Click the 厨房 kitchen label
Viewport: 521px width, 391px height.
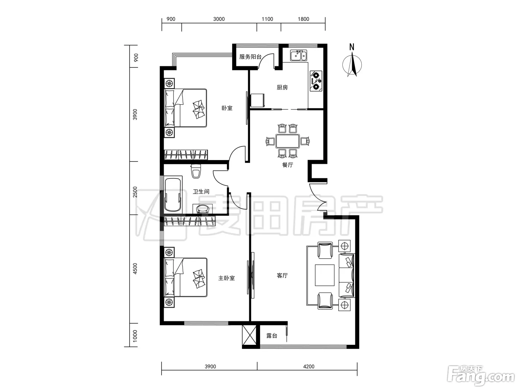[282, 88]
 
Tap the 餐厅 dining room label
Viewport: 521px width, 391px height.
[287, 165]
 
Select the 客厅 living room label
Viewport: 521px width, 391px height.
[282, 276]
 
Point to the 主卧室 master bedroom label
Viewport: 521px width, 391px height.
[226, 278]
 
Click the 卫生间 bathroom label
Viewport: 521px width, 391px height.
[201, 191]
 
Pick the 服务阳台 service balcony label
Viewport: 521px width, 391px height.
[250, 57]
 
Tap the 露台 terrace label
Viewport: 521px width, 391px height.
[272, 336]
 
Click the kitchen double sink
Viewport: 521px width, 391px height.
[298, 55]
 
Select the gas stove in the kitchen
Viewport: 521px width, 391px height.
[316, 81]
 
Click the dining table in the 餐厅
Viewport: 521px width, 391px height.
[287, 141]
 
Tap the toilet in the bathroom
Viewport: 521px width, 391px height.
[196, 171]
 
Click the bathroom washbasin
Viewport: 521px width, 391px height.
[202, 209]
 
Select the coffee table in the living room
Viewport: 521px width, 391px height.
[325, 275]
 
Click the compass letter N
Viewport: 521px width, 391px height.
[352, 47]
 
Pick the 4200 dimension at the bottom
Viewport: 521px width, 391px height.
[309, 366]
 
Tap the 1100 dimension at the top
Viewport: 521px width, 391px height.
[267, 19]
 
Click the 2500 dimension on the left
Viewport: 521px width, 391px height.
[135, 192]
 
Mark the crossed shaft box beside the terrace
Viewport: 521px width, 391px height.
[249, 335]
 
